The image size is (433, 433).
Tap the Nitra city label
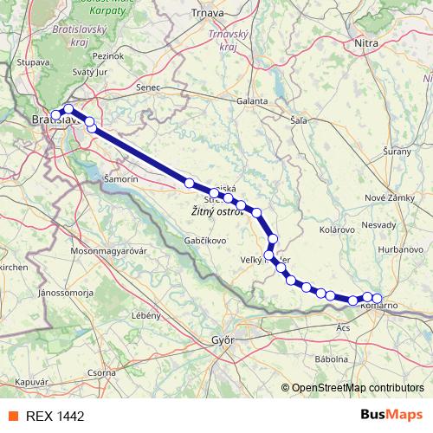[x=367, y=41]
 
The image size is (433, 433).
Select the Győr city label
[x=223, y=340]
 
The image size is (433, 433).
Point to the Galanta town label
[x=253, y=101]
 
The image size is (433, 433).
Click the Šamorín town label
[x=120, y=178]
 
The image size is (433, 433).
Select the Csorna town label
[x=100, y=372]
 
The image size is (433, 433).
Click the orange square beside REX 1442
[x=13, y=416]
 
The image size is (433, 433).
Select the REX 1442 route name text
[x=55, y=416]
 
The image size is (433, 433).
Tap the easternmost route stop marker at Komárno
[x=377, y=299]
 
